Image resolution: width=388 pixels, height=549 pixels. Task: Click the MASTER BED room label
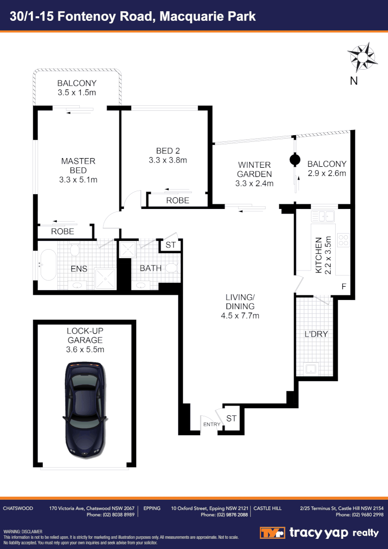pyautogui.click(x=78, y=166)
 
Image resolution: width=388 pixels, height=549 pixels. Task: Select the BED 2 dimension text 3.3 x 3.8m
pyautogui.click(x=168, y=160)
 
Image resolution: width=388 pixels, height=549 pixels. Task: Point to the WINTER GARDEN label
pyautogui.click(x=254, y=170)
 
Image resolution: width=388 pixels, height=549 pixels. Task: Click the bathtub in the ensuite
pyautogui.click(x=48, y=264)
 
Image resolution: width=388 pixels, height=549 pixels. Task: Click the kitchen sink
pyautogui.click(x=324, y=217)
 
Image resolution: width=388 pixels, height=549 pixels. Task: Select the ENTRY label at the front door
pyautogui.click(x=212, y=424)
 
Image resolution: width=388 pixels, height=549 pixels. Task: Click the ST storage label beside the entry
pyautogui.click(x=232, y=418)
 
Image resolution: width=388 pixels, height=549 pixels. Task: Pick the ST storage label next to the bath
pyautogui.click(x=171, y=245)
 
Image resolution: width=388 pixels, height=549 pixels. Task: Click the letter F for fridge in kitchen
pyautogui.click(x=344, y=287)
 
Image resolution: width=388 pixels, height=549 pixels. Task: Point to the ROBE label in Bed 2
pyautogui.click(x=178, y=200)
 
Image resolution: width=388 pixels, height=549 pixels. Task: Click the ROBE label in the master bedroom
pyautogui.click(x=62, y=231)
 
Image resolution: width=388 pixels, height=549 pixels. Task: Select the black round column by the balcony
pyautogui.click(x=294, y=160)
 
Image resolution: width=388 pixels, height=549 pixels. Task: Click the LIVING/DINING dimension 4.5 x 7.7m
pyautogui.click(x=240, y=316)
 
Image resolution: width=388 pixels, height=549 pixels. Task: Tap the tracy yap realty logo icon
pyautogui.click(x=272, y=533)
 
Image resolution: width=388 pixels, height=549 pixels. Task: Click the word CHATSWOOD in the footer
pyautogui.click(x=18, y=508)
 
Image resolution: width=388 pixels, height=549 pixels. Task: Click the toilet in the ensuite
pyautogui.click(x=75, y=249)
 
